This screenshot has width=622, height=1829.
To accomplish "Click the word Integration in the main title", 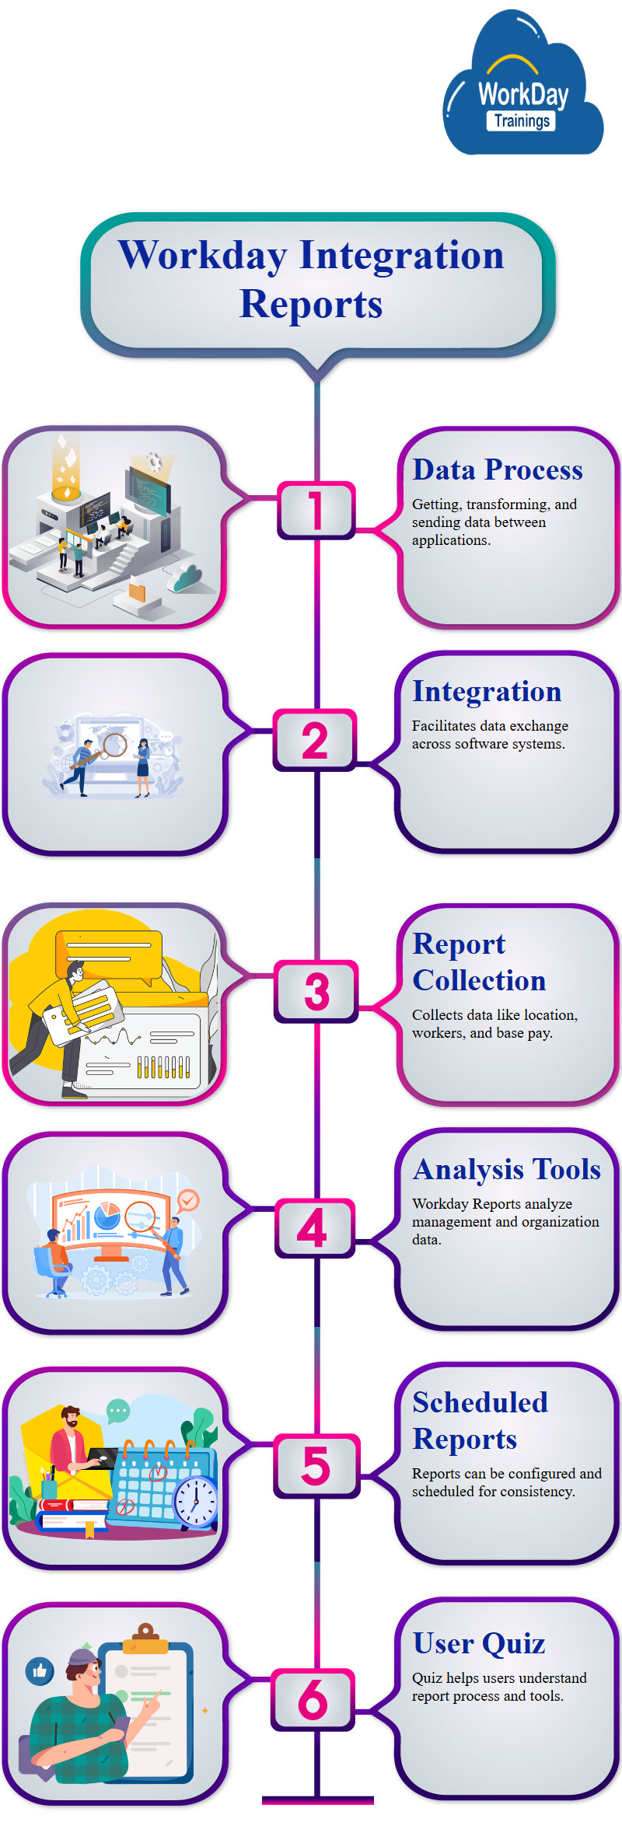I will pos(401,255).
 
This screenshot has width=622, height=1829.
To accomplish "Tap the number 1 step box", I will pos(316,510).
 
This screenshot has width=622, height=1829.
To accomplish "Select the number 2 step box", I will pos(315,740).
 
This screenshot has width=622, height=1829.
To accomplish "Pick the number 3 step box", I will pos(316,992).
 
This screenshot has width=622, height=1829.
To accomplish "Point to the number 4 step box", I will pos(314,1228).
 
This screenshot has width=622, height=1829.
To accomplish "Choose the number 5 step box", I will pos(316,1466).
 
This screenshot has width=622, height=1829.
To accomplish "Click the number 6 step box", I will pos(313,1699).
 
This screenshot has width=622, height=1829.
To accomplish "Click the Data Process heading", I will pos(498,469).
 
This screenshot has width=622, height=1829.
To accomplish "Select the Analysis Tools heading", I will pos(507,1169).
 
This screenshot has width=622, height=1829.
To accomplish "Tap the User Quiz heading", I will pos(479,1643).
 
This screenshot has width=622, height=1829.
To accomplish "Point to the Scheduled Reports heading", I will pos(480,1420).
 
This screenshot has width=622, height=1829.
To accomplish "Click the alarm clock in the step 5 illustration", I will pos(195,1499).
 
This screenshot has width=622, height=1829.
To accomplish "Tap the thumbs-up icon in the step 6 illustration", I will pos(40,1670).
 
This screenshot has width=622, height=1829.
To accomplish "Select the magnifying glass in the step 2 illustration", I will pos(114,745).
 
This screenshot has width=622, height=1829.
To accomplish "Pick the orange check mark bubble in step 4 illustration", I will pos(188,1201).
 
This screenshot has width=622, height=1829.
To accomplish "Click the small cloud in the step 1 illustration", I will pos(187,578).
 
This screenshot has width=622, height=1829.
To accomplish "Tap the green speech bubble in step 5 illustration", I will pos(118,1410).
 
